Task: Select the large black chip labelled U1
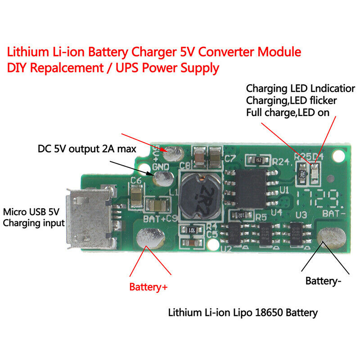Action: pyautogui.click(x=252, y=189)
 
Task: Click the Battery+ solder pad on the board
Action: pyautogui.click(x=150, y=237)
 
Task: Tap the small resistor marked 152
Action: pyautogui.click(x=258, y=160)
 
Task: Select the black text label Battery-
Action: pyautogui.click(x=324, y=281)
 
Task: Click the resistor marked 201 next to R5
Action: pyautogui.click(x=242, y=216)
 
